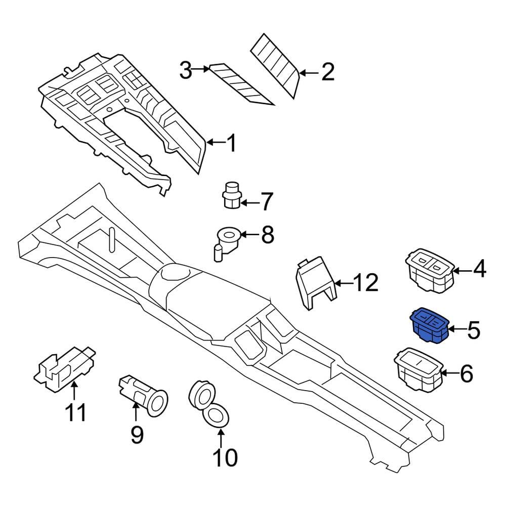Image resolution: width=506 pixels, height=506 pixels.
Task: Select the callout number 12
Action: point(366,283)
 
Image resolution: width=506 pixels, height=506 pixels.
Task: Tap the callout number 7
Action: point(266,202)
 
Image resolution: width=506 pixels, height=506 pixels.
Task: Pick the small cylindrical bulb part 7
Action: point(231,195)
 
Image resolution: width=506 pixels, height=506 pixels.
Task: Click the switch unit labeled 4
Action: point(429,270)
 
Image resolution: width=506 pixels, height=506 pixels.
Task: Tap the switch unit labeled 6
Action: point(418,369)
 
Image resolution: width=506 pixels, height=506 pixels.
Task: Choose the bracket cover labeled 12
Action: point(316,283)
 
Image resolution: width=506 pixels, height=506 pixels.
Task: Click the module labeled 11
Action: point(65,369)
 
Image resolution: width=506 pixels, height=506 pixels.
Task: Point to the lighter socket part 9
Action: point(143,394)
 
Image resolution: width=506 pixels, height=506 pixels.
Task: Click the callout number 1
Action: point(231,143)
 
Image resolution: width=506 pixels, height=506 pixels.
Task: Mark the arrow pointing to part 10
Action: point(221,436)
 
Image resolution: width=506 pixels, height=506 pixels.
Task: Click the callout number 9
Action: point(137,435)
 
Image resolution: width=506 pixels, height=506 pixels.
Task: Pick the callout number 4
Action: point(479,268)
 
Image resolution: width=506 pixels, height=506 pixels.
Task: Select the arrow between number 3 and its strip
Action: point(201,69)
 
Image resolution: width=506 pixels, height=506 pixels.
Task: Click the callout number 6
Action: point(466,373)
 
